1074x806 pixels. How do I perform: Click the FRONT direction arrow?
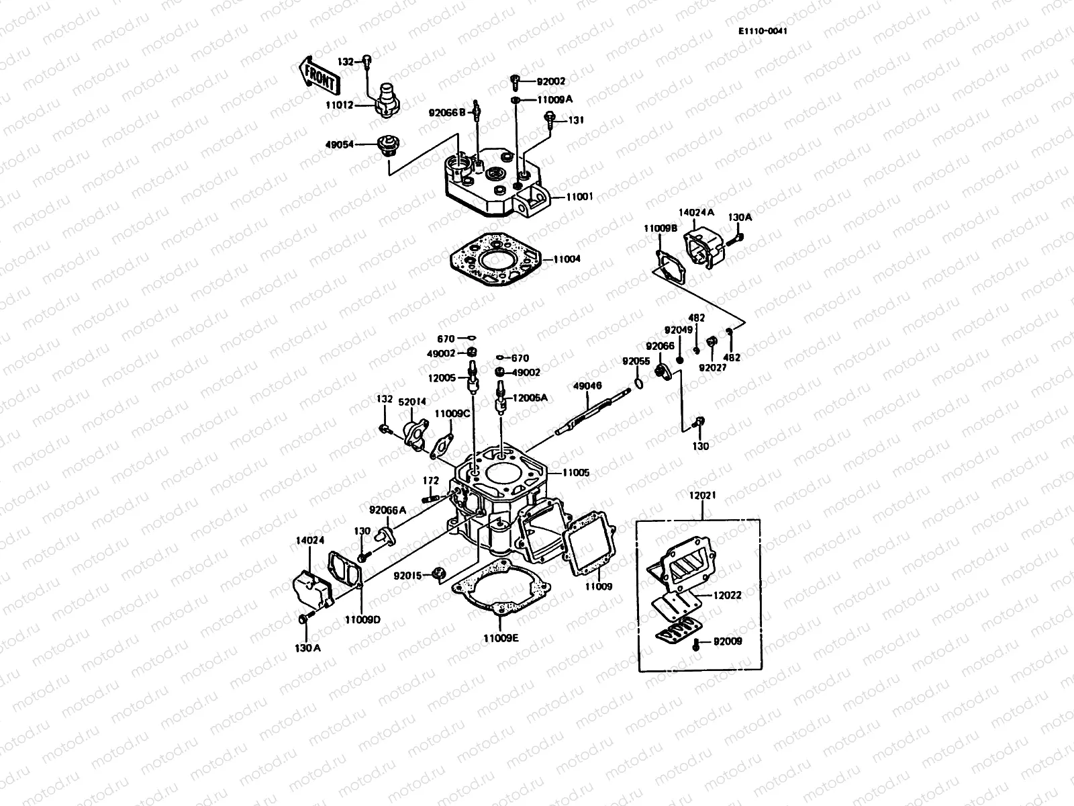point(317,76)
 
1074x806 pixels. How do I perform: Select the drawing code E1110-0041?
point(763,32)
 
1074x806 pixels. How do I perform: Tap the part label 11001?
point(579,197)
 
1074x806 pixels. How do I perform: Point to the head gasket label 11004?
point(567,259)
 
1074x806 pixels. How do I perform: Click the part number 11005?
point(576,473)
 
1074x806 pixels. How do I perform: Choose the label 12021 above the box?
point(703,495)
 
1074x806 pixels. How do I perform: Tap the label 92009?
point(728,641)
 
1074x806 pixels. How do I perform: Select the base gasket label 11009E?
point(501,638)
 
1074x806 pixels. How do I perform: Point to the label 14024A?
point(696,212)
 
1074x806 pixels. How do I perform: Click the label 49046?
point(587,386)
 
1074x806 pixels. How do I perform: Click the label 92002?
point(552,81)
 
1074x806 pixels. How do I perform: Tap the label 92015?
point(407,576)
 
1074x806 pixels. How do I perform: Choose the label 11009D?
point(362,619)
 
